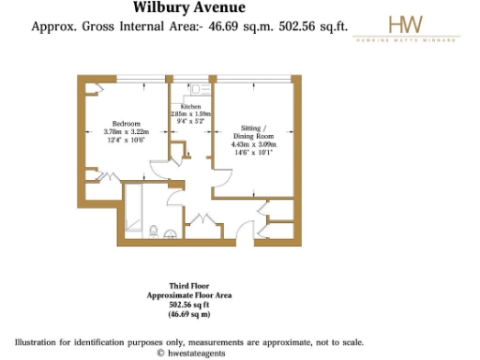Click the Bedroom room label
(x=127, y=123)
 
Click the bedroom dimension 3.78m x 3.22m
(x=127, y=132)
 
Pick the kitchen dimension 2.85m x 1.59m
(x=190, y=114)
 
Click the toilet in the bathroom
(x=152, y=229)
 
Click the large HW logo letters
(x=405, y=25)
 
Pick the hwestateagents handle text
(x=199, y=353)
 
